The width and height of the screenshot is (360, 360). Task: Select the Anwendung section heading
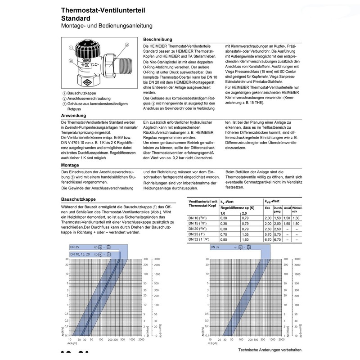(74, 116)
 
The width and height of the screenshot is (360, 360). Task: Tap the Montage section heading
(71, 165)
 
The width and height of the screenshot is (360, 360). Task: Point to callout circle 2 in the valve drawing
(127, 45)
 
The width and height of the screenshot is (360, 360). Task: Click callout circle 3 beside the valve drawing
(71, 60)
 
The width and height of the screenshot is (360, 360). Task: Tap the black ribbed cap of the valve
(92, 48)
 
